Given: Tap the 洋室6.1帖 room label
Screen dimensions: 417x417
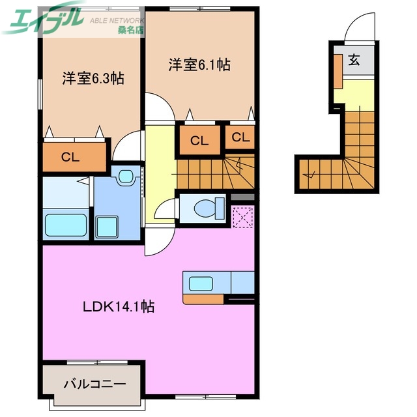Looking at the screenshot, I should coord(199,65).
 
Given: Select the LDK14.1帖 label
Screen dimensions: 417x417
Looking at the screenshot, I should coord(118,306).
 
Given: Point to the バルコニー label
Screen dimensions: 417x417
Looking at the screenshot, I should coord(94,384).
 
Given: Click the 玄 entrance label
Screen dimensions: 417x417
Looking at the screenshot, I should coord(354,61).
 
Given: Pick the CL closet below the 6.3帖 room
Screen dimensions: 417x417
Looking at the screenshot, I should coord(74,156).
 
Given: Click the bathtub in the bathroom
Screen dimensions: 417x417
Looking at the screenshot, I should coord(65,225).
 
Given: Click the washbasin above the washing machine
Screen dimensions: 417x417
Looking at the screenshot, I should coord(125,176).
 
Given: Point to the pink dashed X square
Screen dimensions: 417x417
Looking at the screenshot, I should coord(242,216).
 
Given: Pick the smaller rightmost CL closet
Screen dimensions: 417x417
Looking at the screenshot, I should coord(240,137).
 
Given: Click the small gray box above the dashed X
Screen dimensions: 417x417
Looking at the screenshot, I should coord(242,198).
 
